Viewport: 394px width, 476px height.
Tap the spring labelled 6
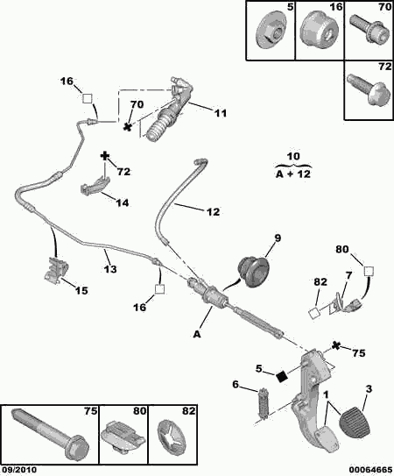pos(263,404)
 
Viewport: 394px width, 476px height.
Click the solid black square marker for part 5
pos(282,377)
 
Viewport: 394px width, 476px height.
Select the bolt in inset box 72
pos(368,89)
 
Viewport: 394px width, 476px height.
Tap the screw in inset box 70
pos(369,30)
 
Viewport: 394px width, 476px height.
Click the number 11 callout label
pos(221,113)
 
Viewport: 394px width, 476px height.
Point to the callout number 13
pos(109,269)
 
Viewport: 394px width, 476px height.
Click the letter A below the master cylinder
pos(197,334)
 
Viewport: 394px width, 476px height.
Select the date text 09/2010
pos(18,470)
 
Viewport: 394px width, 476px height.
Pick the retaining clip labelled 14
pos(95,186)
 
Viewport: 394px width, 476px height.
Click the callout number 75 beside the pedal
pos(358,353)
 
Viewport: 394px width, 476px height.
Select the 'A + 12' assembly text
pos(293,174)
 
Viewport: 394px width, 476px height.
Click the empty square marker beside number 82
pos(313,313)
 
